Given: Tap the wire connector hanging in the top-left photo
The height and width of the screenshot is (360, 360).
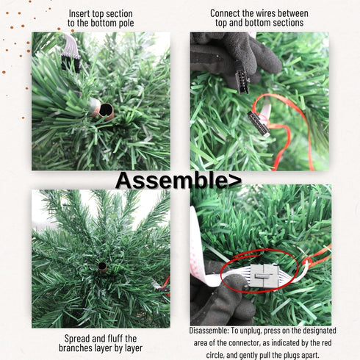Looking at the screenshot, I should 71,53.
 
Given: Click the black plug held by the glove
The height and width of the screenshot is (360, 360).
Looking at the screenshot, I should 240,78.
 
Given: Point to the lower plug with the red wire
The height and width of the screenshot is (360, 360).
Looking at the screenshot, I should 259,122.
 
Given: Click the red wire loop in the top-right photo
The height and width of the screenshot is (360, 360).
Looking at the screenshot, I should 282,136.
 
